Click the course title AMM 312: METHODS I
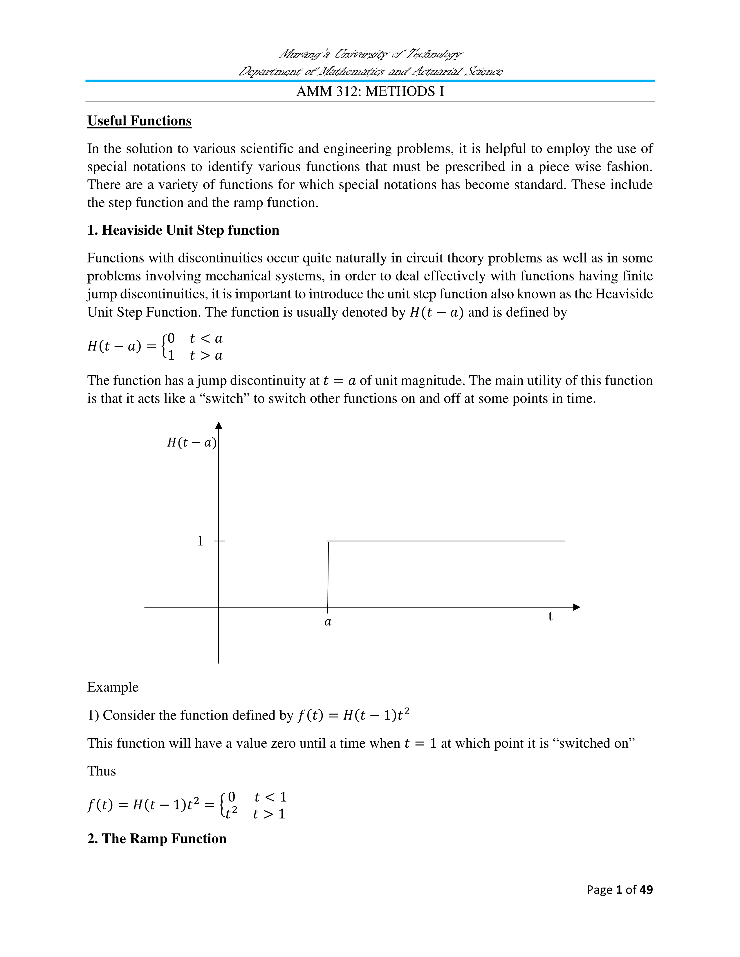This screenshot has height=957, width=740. pos(370,92)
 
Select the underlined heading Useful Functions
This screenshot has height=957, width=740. pos(139,121)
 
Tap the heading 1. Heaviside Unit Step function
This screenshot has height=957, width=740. pos(183,230)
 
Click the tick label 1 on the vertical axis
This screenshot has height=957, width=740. pos(200,541)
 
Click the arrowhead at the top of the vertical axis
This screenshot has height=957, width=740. pos(219,425)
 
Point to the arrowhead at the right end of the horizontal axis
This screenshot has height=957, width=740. pos(577,607)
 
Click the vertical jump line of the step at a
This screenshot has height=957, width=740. pos(328,574)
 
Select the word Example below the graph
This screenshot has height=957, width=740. pos(113,687)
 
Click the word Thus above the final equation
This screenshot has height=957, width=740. pos(101,771)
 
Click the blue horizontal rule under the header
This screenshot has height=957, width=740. pos(370,81)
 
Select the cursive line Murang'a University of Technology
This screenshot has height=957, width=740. pos(370,54)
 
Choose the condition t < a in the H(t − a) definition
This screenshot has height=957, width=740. pos(206,338)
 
